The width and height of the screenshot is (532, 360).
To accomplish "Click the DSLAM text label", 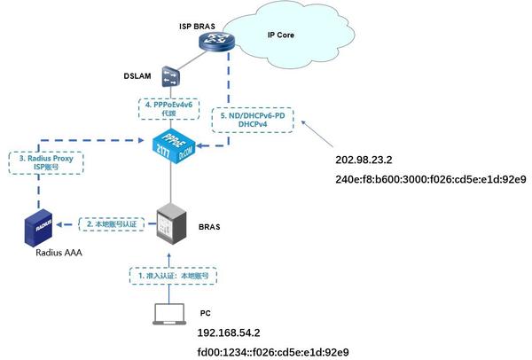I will [138, 77].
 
